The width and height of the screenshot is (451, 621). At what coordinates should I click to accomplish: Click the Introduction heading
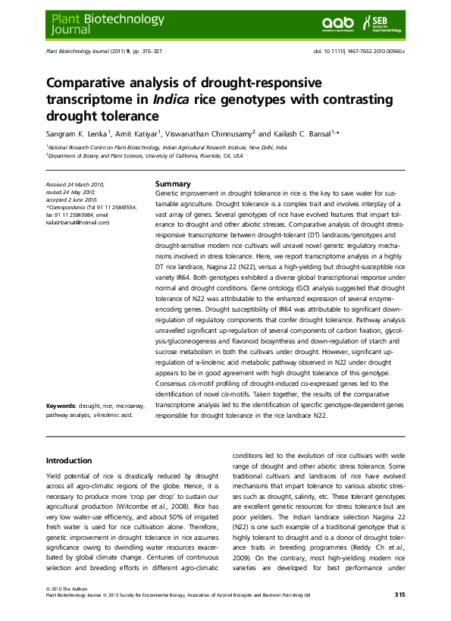point(69,460)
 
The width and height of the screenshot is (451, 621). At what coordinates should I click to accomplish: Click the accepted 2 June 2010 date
point(70,199)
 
